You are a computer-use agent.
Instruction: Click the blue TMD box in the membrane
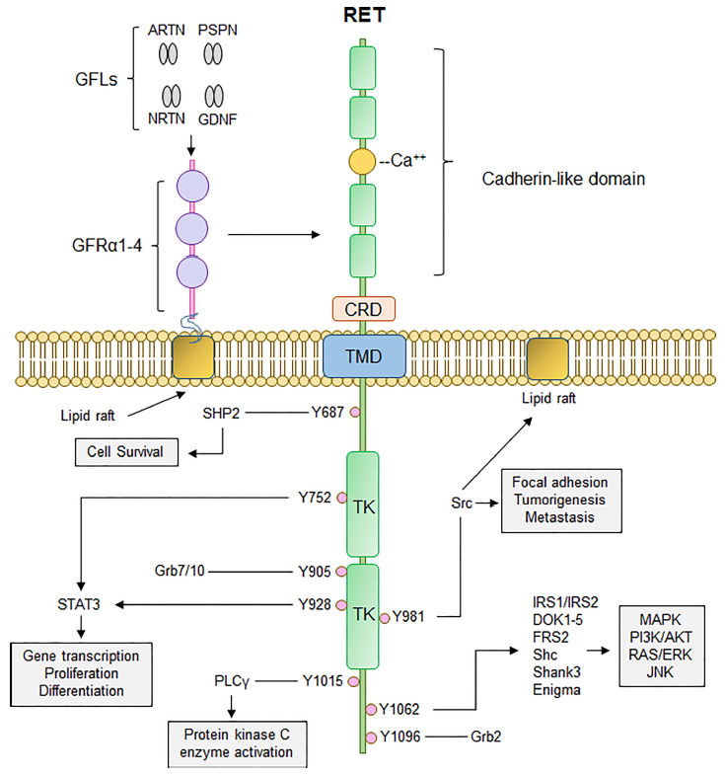click(x=364, y=356)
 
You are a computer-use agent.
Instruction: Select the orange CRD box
click(x=364, y=309)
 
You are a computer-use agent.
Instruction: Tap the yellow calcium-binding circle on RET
click(x=363, y=161)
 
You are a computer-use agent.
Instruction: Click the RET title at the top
click(x=364, y=15)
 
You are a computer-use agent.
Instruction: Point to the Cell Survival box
click(x=126, y=452)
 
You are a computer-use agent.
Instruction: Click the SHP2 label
click(x=221, y=413)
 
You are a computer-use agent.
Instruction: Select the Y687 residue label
click(x=327, y=412)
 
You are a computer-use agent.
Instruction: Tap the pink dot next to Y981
click(x=385, y=618)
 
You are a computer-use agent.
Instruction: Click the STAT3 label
click(x=79, y=604)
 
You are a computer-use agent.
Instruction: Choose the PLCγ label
click(x=232, y=681)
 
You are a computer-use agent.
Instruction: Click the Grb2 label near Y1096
click(x=485, y=737)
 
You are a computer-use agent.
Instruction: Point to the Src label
click(x=462, y=504)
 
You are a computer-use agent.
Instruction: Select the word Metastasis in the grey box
click(x=560, y=517)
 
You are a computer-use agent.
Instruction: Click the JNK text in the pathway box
click(x=660, y=672)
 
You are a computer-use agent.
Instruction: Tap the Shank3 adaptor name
click(x=557, y=672)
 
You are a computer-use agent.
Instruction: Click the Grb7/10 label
click(x=180, y=571)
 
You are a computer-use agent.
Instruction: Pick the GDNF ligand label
click(x=218, y=119)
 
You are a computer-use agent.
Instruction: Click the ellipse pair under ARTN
click(x=168, y=54)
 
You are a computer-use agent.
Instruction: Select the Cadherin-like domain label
click(x=563, y=179)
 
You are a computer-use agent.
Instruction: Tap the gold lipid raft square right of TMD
click(x=547, y=358)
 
